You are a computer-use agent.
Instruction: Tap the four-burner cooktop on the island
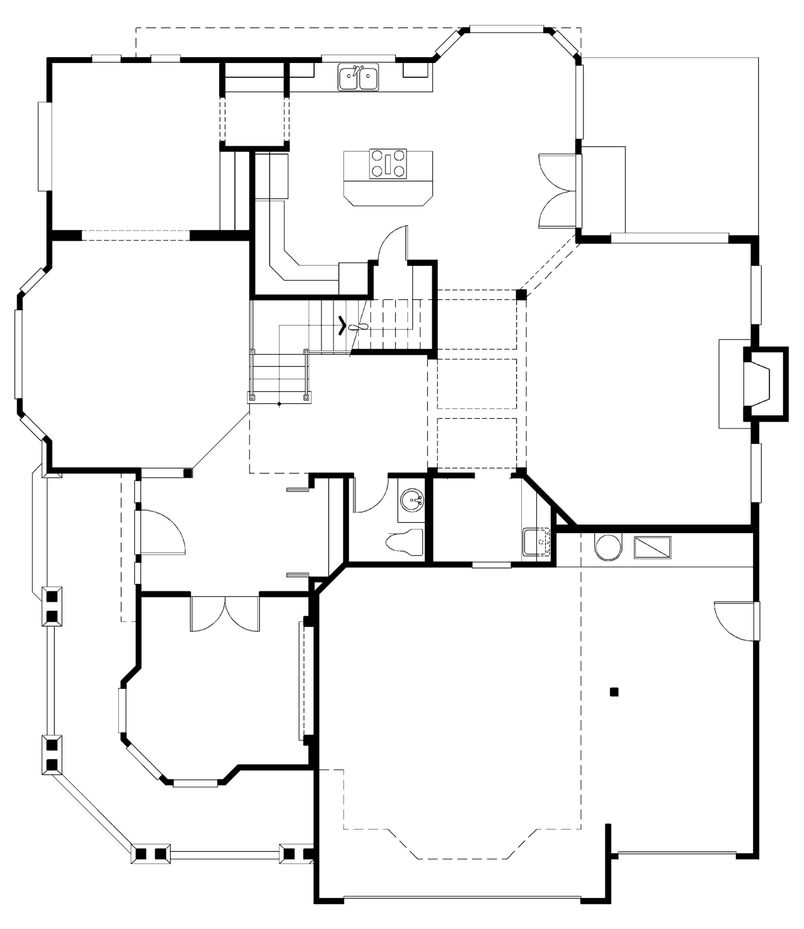tap(387, 164)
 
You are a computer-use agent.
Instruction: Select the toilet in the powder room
tap(405, 542)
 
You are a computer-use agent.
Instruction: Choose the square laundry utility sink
tap(537, 542)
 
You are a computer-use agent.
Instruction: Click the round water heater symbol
tap(608, 547)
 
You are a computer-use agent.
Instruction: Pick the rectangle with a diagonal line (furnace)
tap(653, 547)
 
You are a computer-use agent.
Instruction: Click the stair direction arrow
tap(342, 326)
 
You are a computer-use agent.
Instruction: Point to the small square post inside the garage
tap(614, 692)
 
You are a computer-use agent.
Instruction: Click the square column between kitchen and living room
tap(521, 295)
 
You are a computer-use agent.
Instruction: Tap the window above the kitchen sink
tap(358, 58)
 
